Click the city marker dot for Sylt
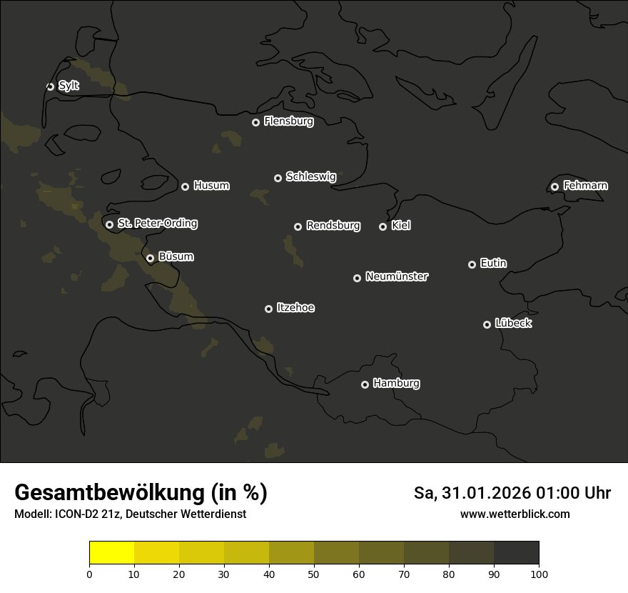pos(50,86)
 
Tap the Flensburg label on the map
pos(288,121)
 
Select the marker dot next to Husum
pos(185,186)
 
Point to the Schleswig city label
pos(310,176)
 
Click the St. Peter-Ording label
pos(157,224)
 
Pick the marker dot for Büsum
pos(150,259)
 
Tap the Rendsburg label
pos(333,226)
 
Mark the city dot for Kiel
pos(383,226)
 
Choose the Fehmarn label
pos(585,186)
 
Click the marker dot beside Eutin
pos(472,264)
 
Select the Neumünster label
pos(396,276)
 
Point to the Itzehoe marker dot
pos(268,309)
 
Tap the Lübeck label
pos(513,324)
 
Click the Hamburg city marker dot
pos(365,384)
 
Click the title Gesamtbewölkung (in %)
pos(141,493)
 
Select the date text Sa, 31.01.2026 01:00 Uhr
pos(512,493)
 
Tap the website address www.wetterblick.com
pos(515,514)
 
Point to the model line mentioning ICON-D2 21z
pos(130,514)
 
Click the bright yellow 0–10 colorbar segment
pos(111,553)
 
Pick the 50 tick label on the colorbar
pos(314,574)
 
